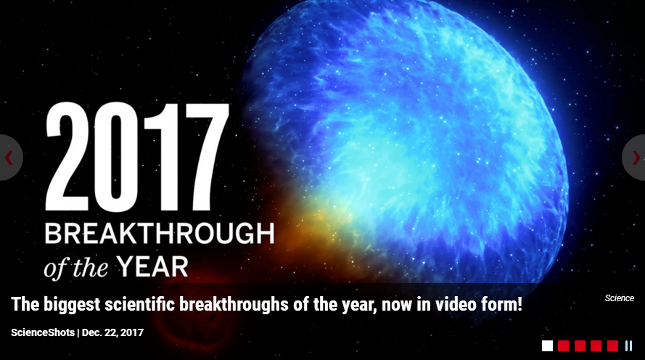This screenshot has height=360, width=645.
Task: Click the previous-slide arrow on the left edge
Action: click(x=9, y=157)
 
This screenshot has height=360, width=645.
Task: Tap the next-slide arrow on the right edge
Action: click(x=636, y=157)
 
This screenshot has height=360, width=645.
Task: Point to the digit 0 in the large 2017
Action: click(x=121, y=157)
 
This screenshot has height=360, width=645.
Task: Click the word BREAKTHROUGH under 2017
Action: click(x=159, y=235)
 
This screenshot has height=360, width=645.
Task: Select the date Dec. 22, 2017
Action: click(x=112, y=332)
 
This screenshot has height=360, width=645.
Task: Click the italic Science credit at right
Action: click(x=619, y=298)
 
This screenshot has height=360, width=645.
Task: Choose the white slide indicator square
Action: click(x=547, y=346)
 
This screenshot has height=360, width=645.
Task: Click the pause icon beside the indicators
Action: click(x=628, y=346)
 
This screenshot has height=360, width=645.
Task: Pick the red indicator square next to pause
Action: click(x=612, y=346)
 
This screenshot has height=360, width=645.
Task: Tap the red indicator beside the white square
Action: click(x=564, y=346)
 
